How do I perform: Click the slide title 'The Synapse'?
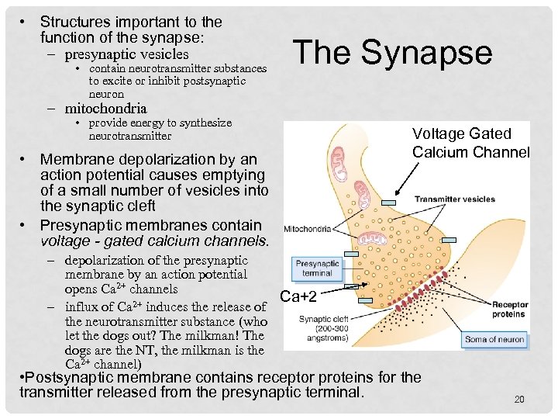click(392, 53)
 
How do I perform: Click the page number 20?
click(519, 400)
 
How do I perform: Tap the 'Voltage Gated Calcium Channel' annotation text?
click(470, 143)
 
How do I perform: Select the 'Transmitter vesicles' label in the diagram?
click(454, 199)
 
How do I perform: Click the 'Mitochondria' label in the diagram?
click(308, 229)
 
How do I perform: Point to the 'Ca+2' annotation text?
click(297, 296)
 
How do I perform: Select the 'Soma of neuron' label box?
click(495, 339)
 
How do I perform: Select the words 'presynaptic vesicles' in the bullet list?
click(126, 54)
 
